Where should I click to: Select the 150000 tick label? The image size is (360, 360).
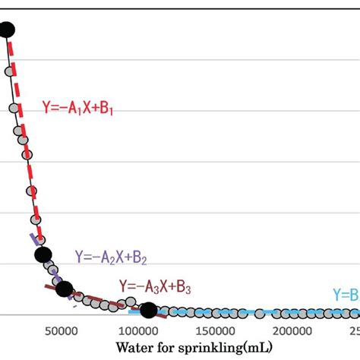click(216, 331)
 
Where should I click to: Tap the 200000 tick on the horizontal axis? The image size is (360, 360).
click(293, 331)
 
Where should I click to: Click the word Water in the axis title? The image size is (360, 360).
click(134, 348)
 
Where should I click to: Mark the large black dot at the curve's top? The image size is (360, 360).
click(7, 30)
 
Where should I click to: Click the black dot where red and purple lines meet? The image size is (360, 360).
click(43, 255)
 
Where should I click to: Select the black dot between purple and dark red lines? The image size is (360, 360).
click(65, 289)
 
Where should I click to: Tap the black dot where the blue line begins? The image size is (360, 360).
click(149, 309)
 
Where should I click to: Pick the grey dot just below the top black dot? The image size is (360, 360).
click(9, 71)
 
